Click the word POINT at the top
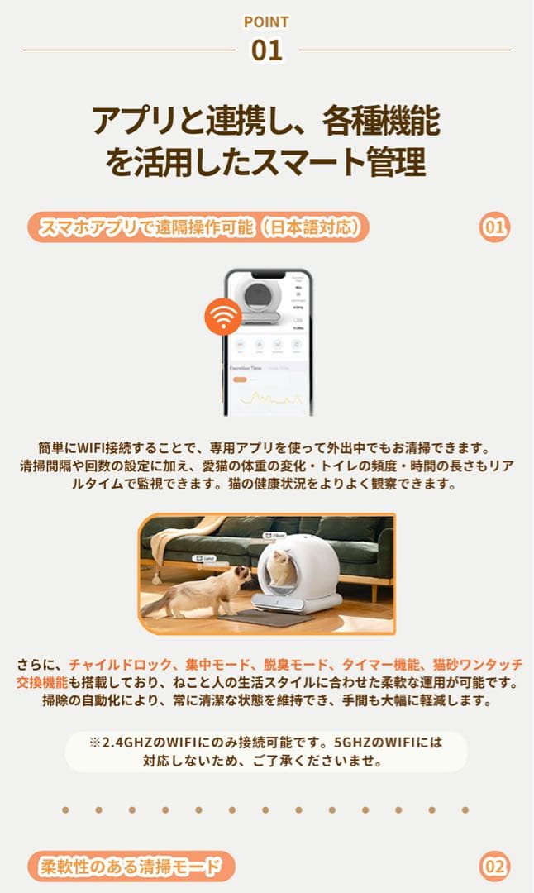[x=266, y=22]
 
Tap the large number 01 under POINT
[x=266, y=50]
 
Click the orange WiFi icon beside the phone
[x=223, y=317]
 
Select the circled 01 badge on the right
[x=494, y=227]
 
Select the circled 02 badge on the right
[x=494, y=867]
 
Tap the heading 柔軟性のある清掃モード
[x=131, y=867]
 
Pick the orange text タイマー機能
[x=382, y=664]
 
